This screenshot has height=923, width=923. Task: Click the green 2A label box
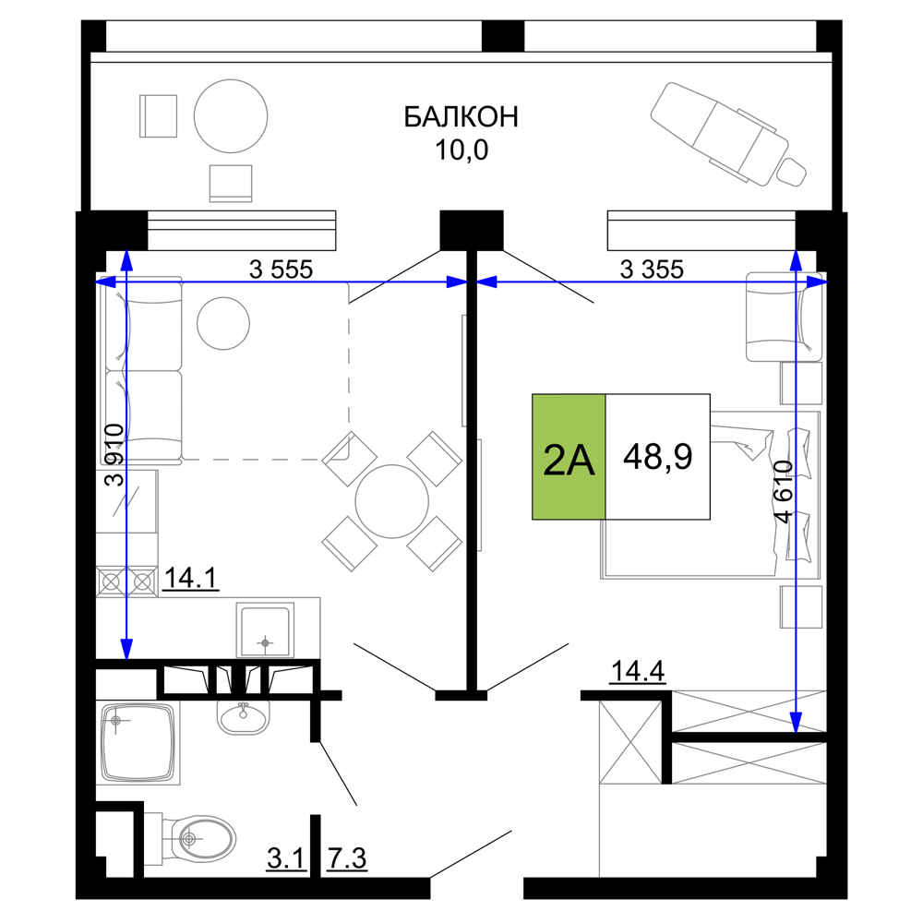tap(569, 457)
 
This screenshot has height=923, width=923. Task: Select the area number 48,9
tap(657, 457)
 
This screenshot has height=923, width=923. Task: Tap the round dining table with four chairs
tap(391, 501)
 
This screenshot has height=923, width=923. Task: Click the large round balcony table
tap(230, 116)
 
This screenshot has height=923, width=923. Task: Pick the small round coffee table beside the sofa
tap(222, 323)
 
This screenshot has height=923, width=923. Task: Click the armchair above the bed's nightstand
tap(781, 317)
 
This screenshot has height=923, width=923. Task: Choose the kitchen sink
tap(265, 629)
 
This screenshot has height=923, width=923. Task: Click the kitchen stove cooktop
tap(127, 581)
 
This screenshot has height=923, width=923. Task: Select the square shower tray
tap(138, 743)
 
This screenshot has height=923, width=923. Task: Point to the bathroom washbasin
tap(244, 717)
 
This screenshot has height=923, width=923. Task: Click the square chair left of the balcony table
tap(158, 116)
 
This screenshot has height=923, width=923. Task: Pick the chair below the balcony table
tap(230, 182)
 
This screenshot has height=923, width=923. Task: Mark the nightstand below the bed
tap(800, 606)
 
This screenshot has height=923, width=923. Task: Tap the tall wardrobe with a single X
tap(629, 744)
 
